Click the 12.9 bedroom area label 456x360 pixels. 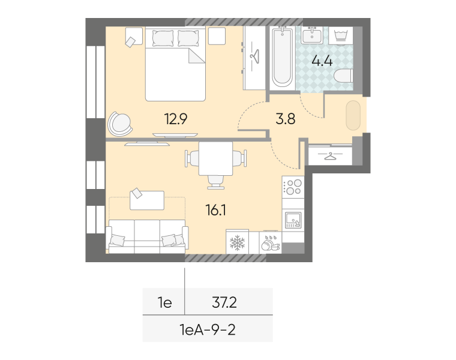(176, 119)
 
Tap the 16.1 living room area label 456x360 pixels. (215, 210)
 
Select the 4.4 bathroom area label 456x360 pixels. (322, 61)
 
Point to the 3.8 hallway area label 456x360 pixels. (285, 119)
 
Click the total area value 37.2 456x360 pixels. (224, 302)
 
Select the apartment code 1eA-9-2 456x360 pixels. (208, 330)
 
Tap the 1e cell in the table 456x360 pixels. (164, 303)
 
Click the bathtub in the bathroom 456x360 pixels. (282, 58)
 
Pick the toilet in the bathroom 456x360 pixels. (343, 76)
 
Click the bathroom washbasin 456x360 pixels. (312, 35)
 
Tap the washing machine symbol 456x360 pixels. (341, 36)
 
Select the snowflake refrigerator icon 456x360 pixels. (238, 242)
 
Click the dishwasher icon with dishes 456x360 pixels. (271, 242)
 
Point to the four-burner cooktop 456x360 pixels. (293, 187)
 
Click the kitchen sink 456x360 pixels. (293, 220)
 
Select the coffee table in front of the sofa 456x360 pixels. (147, 200)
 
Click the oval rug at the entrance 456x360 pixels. (353, 115)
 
